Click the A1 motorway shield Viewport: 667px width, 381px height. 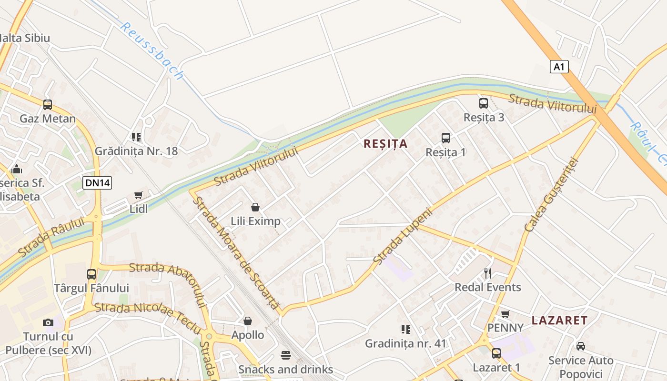[559, 67]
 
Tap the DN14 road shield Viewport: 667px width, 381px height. [97, 182]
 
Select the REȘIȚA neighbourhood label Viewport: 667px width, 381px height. [385, 144]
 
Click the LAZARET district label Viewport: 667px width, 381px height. [559, 320]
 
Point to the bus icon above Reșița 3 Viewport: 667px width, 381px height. [484, 103]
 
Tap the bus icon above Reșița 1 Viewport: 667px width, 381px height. [445, 138]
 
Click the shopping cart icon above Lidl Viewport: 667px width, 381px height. [139, 195]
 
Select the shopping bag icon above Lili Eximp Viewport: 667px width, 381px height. [255, 207]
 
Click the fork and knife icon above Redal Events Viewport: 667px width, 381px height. [487, 273]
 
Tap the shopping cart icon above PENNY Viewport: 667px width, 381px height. [505, 314]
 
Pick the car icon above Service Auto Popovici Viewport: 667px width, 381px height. [580, 346]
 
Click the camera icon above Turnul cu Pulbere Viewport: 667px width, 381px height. [48, 322]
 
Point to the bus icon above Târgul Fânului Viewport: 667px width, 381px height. [91, 274]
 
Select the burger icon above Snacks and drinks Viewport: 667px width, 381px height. [286, 355]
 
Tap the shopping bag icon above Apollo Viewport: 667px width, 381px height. [247, 321]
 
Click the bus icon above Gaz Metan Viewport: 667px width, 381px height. [48, 104]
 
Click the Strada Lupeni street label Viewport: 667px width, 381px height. [403, 236]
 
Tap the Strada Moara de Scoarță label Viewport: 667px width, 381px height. [235, 253]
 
